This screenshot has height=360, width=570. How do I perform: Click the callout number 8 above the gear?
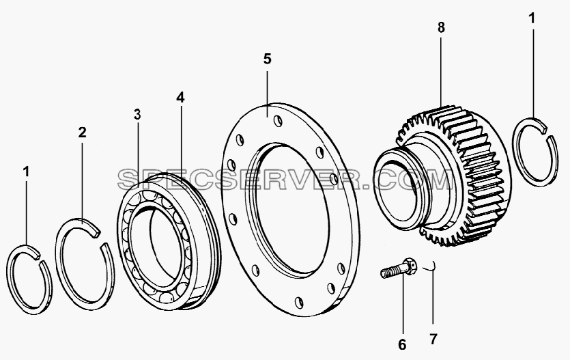(x=441, y=27)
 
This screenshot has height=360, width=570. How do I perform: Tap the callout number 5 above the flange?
(x=267, y=59)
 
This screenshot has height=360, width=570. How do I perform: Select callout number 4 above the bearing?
(x=180, y=97)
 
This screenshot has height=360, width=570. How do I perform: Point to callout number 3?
(x=137, y=115)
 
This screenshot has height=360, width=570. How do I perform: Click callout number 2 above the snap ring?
(x=83, y=132)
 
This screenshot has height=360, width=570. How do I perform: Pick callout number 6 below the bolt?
(x=402, y=345)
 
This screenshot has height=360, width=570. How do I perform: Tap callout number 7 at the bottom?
(x=433, y=340)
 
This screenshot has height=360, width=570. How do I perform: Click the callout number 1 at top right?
(x=532, y=18)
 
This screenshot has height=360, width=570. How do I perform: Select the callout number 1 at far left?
(x=26, y=171)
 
